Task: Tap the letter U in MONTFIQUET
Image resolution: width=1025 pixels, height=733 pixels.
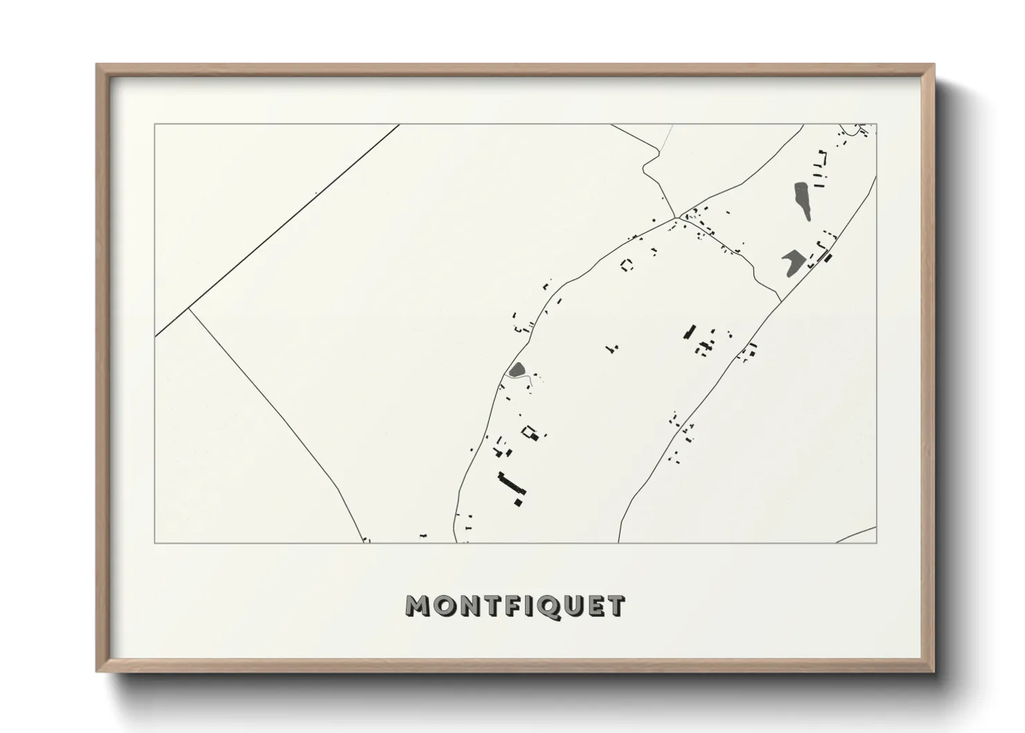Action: coord(576,606)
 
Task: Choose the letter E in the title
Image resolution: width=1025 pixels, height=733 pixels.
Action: coord(597,606)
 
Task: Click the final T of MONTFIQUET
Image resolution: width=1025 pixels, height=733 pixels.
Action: coord(616,606)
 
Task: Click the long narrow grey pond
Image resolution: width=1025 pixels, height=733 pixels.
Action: coord(803,200)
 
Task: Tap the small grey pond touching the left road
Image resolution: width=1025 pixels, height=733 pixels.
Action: coord(517,370)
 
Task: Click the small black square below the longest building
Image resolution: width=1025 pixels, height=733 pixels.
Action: coord(517,502)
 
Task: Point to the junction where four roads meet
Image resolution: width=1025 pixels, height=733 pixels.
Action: coord(676,218)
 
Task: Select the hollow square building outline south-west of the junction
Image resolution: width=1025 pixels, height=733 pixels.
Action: coord(627,265)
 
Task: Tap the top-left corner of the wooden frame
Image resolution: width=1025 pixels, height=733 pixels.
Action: coord(98,66)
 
